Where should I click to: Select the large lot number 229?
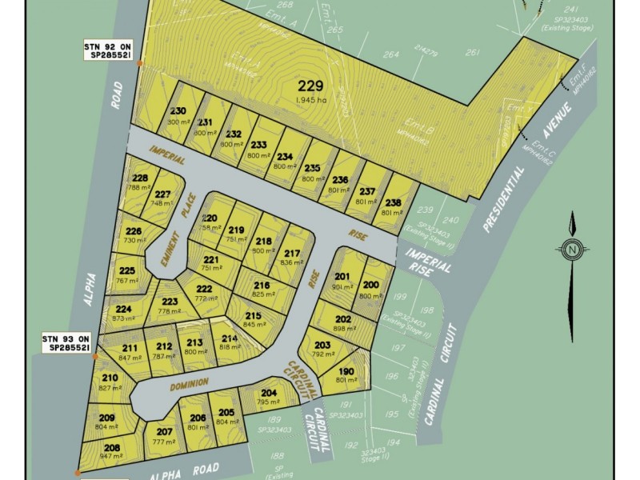310,86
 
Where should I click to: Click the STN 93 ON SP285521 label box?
69,344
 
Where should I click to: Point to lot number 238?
393,202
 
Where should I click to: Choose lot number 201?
343,277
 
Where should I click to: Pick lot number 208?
112,447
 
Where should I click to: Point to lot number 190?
346,371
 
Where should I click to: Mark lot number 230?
178,111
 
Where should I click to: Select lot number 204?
270,393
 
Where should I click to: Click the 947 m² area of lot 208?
112,457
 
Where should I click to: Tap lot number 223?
169,302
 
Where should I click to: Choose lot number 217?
292,254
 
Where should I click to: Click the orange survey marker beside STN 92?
140,62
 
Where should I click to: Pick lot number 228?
140,178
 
